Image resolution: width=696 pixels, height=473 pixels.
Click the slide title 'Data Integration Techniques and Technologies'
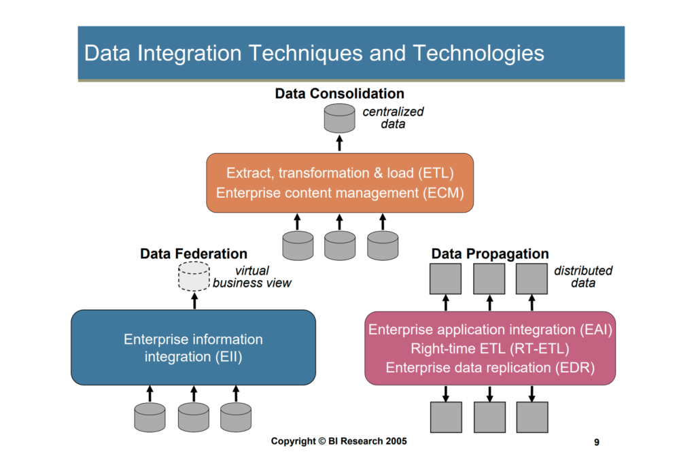pyautogui.click(x=314, y=53)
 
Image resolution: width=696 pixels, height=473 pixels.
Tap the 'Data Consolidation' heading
pyautogui.click(x=340, y=94)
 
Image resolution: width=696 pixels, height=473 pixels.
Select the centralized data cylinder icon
pyautogui.click(x=340, y=118)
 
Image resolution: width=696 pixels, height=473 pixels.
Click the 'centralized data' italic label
pyautogui.click(x=393, y=118)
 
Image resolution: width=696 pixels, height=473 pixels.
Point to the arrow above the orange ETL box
pyautogui.click(x=340, y=143)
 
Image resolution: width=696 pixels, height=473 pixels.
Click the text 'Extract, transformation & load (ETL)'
pyautogui.click(x=340, y=173)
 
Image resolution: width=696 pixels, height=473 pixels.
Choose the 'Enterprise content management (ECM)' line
pyautogui.click(x=340, y=193)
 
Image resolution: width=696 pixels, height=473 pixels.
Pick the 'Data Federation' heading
pyautogui.click(x=194, y=253)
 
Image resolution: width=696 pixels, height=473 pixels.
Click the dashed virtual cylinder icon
pyautogui.click(x=194, y=276)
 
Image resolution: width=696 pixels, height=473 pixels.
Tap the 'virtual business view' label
pyautogui.click(x=252, y=277)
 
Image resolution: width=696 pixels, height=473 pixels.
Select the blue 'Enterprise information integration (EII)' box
pyautogui.click(x=194, y=347)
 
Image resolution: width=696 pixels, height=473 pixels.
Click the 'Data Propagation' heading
pyautogui.click(x=490, y=253)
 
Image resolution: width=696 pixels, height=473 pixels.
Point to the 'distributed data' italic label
pyautogui.click(x=582, y=277)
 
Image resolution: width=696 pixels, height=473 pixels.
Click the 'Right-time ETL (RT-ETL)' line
pyautogui.click(x=490, y=349)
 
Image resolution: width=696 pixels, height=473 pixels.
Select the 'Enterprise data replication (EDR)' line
pyautogui.click(x=490, y=368)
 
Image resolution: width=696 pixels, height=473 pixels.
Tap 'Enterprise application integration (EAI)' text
pyautogui.click(x=490, y=330)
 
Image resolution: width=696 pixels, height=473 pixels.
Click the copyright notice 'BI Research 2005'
pyautogui.click(x=368, y=441)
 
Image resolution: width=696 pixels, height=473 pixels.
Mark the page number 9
pyautogui.click(x=597, y=442)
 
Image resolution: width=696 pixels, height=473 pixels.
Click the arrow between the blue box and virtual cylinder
pyautogui.click(x=194, y=300)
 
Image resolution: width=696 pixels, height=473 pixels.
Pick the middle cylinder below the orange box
pyautogui.click(x=340, y=245)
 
